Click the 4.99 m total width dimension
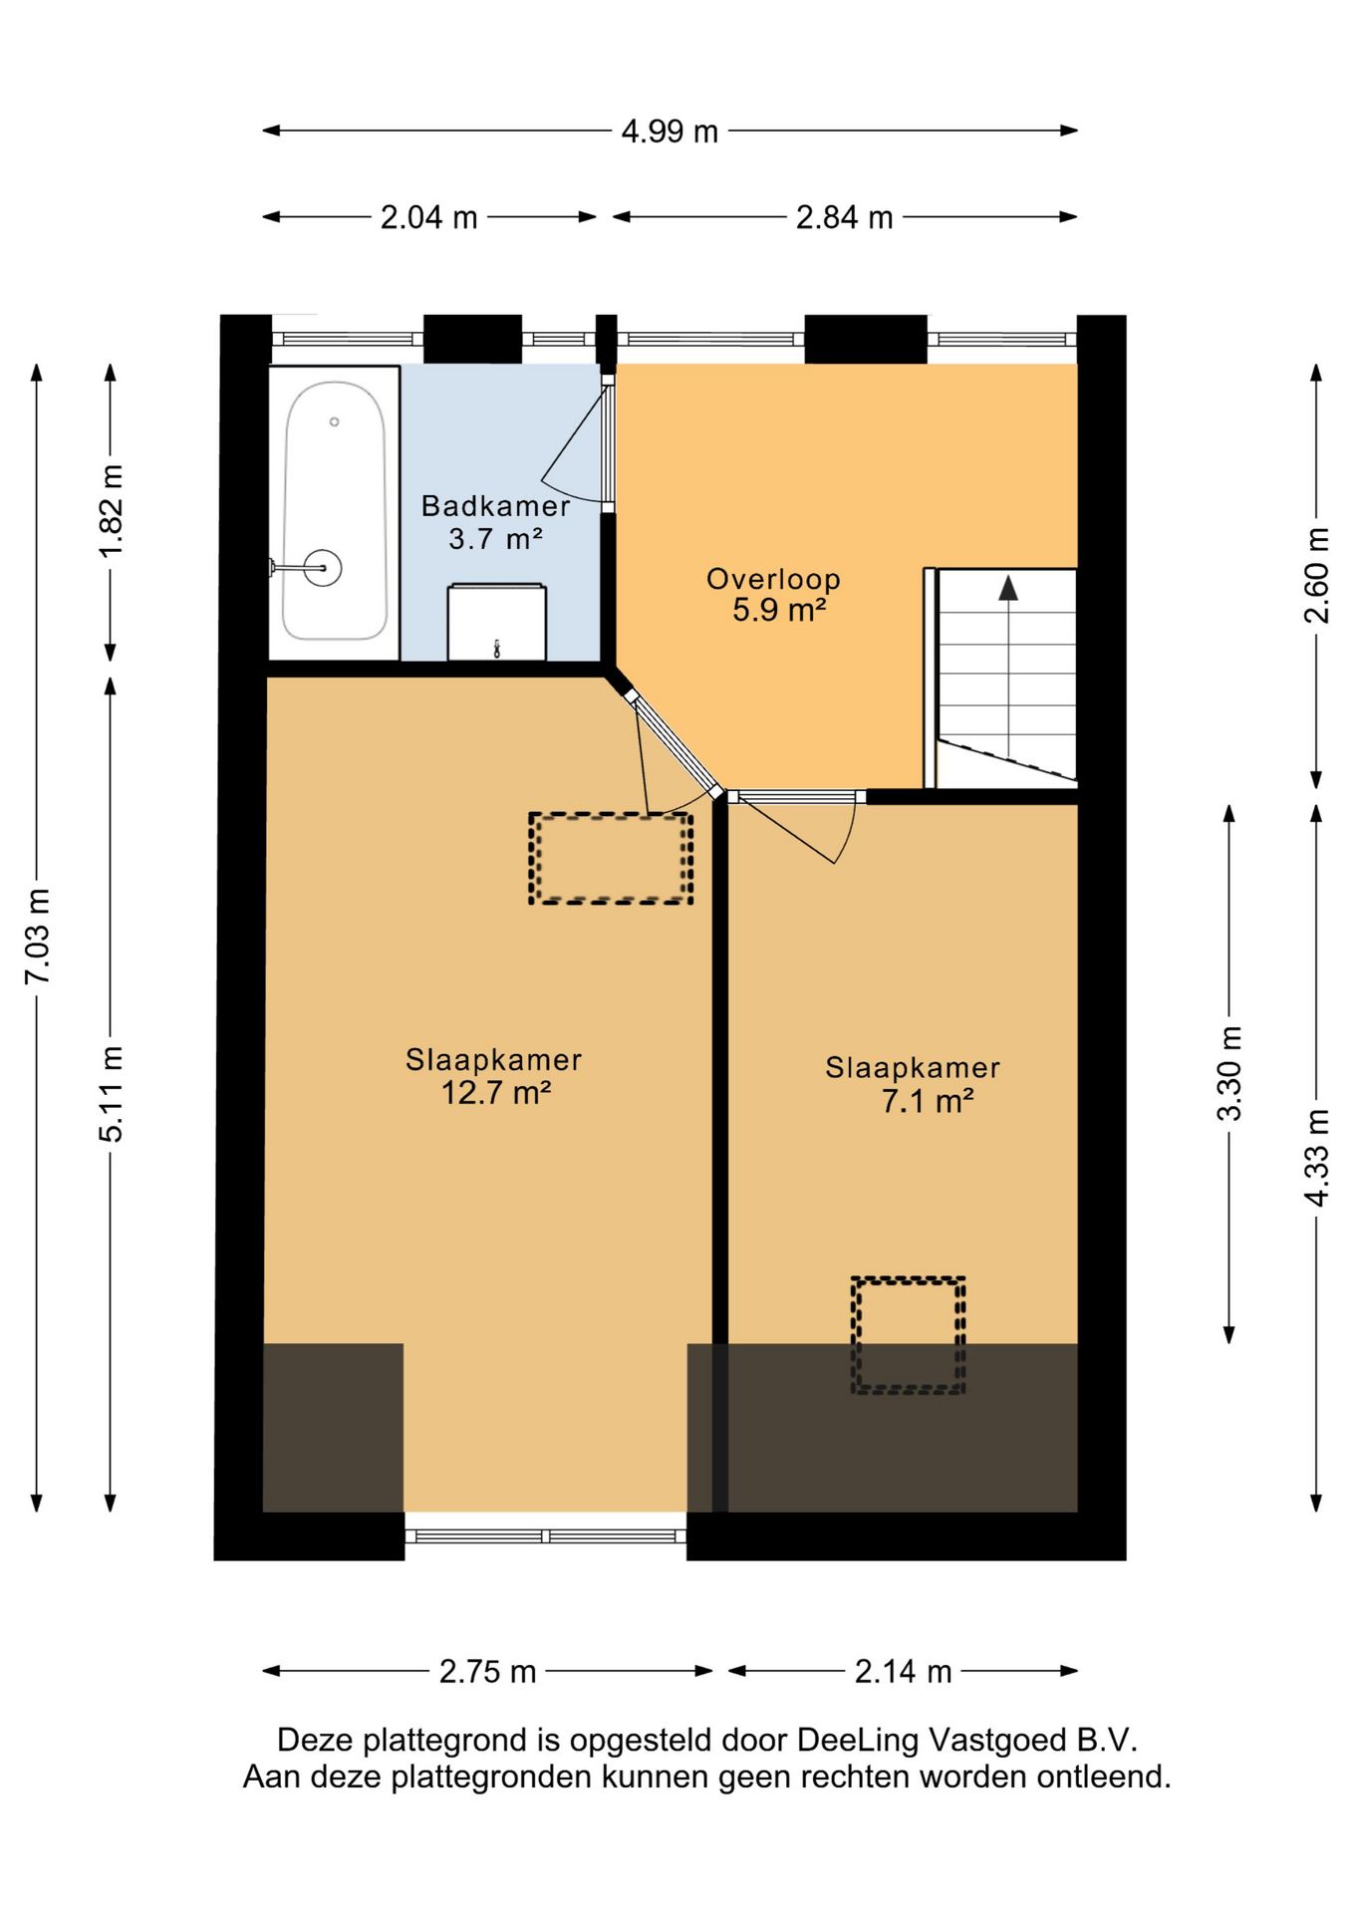[x=670, y=132]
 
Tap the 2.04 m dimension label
[x=428, y=217]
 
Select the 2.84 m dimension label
[x=844, y=217]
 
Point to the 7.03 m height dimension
[x=38, y=937]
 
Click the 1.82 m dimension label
[x=112, y=510]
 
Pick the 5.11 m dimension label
[x=112, y=1094]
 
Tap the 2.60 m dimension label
[x=1316, y=576]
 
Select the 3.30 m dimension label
[x=1230, y=1073]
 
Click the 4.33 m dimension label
[x=1316, y=1158]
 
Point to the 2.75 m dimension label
[x=487, y=1671]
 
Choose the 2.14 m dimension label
[x=903, y=1671]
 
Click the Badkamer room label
[x=495, y=506]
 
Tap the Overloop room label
[x=773, y=579]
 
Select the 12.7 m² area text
[x=495, y=1093]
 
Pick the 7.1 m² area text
[x=927, y=1101]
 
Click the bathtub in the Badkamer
[x=335, y=511]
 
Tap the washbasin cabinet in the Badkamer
[x=496, y=623]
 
